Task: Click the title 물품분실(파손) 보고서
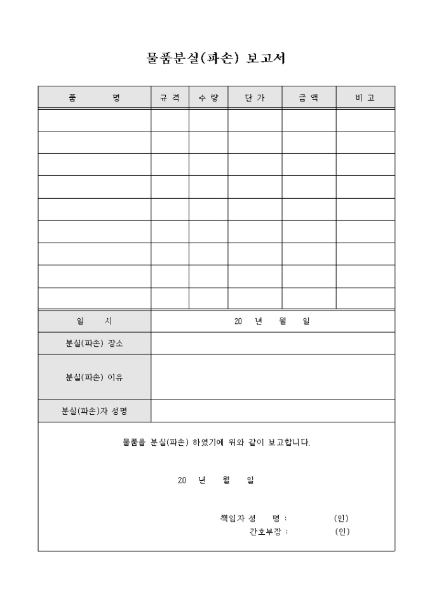(x=215, y=58)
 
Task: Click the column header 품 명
(x=94, y=98)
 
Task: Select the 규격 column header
(x=170, y=98)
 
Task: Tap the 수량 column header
(x=208, y=98)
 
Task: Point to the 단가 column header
(x=255, y=98)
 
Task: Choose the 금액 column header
(x=309, y=98)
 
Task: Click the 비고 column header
(x=365, y=98)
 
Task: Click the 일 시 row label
(x=94, y=321)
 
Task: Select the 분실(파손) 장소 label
(x=94, y=344)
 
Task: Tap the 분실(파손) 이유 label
(x=94, y=377)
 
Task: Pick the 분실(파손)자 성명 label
(x=94, y=411)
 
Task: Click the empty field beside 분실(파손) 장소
(x=273, y=344)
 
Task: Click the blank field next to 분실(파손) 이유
(x=273, y=377)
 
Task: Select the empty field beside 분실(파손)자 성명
(x=273, y=411)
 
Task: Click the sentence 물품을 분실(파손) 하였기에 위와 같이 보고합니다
(x=216, y=442)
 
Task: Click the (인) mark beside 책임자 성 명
(x=341, y=518)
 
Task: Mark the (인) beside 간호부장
(x=342, y=532)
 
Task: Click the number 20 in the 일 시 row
(x=239, y=321)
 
